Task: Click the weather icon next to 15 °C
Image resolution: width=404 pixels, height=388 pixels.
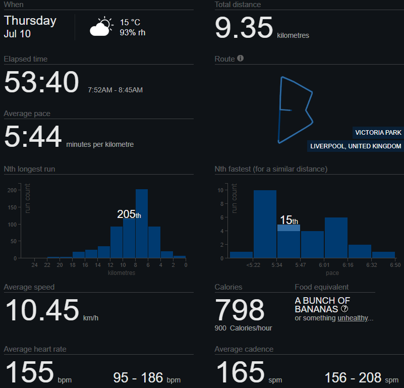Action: (101, 27)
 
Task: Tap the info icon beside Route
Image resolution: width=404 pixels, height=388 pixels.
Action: (241, 59)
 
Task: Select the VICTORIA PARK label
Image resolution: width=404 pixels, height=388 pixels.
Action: (378, 133)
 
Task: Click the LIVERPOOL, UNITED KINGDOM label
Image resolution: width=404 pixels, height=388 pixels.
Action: (356, 146)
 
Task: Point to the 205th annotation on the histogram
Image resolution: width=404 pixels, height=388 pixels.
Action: (129, 214)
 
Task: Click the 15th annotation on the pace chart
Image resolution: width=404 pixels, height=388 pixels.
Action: (288, 220)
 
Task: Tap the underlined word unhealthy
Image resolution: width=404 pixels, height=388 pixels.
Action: (353, 318)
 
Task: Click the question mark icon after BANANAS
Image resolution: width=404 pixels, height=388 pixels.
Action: (344, 309)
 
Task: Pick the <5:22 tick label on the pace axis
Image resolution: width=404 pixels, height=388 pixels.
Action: (253, 265)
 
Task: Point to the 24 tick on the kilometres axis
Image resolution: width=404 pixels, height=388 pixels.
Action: (35, 265)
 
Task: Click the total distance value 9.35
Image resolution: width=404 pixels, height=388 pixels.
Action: (244, 28)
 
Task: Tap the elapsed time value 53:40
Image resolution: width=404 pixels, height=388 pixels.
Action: (42, 82)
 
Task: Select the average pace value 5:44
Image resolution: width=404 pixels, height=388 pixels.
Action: (33, 137)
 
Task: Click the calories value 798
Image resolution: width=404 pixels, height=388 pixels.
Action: (240, 310)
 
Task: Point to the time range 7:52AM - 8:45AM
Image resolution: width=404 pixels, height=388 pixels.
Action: (115, 90)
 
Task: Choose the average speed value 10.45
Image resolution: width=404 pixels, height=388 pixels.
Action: (42, 310)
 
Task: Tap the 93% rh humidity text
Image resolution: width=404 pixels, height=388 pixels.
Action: (133, 32)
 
